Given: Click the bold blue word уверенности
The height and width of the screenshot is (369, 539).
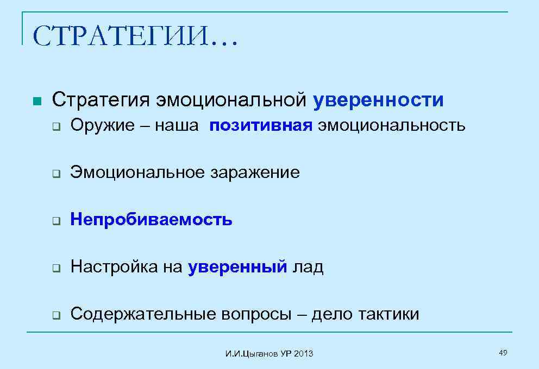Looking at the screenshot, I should point(378,100).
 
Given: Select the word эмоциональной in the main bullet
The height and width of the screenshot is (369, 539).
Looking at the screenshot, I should point(232,100).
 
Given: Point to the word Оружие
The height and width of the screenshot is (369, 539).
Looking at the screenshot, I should point(102,126).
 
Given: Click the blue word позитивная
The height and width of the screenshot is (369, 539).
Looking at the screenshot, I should point(261,126).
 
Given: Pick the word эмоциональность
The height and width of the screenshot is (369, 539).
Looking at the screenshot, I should point(392,126).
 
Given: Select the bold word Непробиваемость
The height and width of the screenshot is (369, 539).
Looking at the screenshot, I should point(152,220).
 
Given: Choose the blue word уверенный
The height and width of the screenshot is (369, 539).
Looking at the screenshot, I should point(237,267).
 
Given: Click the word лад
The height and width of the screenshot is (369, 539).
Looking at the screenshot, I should point(308,267).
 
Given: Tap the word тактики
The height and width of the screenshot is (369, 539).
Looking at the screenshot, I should point(389,314).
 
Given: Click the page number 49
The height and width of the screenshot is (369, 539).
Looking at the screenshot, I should point(503,353).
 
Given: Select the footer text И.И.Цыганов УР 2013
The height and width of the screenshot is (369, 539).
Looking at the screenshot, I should point(269,354).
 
